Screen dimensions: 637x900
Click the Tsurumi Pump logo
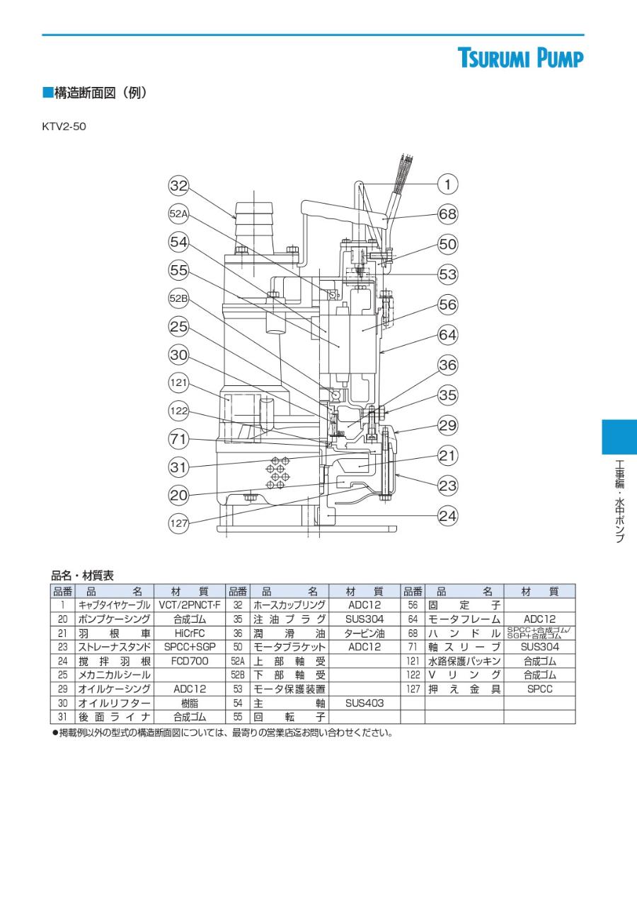pos(520,57)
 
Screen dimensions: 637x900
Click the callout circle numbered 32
pos(178,186)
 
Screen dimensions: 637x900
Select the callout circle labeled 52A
pos(178,214)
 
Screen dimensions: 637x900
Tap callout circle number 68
pos(447,214)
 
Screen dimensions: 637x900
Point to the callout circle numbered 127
pos(178,523)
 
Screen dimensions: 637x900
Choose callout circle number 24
pos(447,515)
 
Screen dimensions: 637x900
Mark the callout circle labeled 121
pos(178,382)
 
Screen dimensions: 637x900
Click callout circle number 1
pos(447,184)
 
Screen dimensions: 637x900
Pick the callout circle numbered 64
pos(447,334)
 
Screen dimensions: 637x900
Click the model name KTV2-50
pos(64,127)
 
